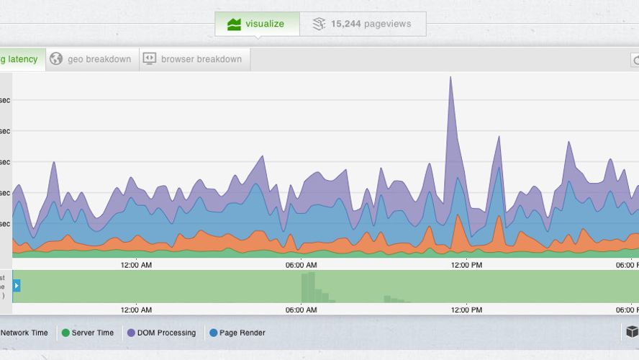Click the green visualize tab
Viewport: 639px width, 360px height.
(256, 24)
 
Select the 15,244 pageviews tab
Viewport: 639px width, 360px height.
(363, 24)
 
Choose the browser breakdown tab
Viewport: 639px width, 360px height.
(193, 59)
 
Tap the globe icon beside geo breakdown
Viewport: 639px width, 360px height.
(56, 59)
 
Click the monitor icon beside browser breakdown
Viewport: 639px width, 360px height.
(149, 59)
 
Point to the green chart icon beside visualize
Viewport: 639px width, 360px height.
(234, 24)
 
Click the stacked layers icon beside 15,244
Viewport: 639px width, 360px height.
(319, 24)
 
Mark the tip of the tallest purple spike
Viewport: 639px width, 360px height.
(450, 77)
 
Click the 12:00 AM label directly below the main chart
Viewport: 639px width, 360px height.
(136, 265)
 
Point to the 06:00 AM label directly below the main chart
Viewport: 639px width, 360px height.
(301, 265)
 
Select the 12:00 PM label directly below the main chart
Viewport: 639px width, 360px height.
(466, 265)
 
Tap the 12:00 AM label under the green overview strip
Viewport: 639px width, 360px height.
(136, 310)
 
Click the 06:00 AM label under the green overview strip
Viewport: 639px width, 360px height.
(301, 310)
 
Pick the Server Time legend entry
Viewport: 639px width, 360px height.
(88, 333)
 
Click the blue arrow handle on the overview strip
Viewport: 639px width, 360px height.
(17, 286)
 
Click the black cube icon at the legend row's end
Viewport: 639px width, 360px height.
(632, 332)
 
